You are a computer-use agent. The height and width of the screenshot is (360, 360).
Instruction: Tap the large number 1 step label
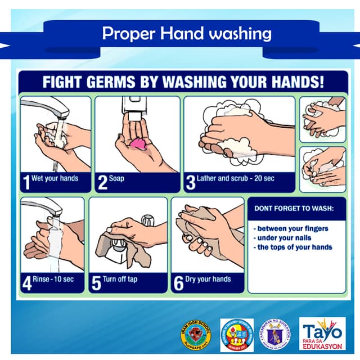(x=26, y=182)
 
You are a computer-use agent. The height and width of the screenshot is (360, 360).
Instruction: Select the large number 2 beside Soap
(x=102, y=182)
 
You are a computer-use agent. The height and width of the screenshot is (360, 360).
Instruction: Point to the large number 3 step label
(x=191, y=182)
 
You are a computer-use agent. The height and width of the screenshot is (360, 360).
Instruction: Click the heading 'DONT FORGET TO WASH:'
(x=294, y=208)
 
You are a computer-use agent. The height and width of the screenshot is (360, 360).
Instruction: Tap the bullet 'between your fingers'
(x=291, y=229)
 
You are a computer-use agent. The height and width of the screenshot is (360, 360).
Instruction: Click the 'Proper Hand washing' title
(x=187, y=34)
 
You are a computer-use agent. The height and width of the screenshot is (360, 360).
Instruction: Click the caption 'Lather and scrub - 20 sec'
(x=235, y=178)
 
